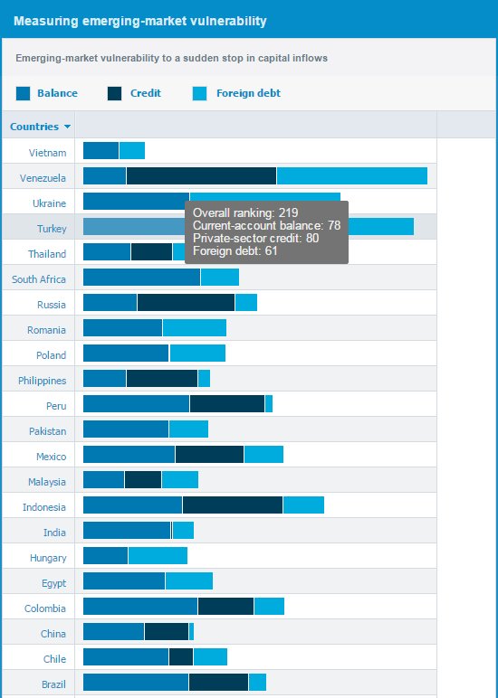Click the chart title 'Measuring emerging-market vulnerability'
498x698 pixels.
(x=140, y=20)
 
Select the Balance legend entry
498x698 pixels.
(x=56, y=93)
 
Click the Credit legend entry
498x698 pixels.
(x=145, y=93)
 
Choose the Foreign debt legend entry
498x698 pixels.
(x=247, y=93)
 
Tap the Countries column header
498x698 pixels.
(x=34, y=127)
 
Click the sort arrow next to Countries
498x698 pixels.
(x=68, y=127)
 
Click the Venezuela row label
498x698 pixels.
(x=43, y=178)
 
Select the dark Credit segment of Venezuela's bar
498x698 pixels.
(x=201, y=176)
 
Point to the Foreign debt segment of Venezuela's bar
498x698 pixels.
(x=351, y=176)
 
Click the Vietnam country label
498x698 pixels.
(x=47, y=153)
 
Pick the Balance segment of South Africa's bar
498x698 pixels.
(x=141, y=278)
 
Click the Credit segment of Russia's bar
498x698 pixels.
(x=186, y=303)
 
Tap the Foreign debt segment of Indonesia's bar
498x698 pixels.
(x=303, y=505)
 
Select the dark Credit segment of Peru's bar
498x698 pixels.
(x=227, y=404)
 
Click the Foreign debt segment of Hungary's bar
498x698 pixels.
(x=158, y=556)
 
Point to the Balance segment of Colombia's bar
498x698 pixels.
(x=140, y=607)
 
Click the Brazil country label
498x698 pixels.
(x=53, y=684)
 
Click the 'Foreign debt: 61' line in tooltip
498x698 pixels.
(x=235, y=250)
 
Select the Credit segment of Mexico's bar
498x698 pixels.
(x=209, y=455)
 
